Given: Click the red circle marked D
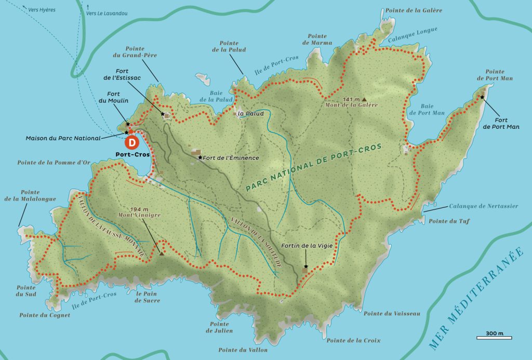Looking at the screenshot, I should [132, 141].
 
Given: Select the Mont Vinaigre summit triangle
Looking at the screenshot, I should [162, 253].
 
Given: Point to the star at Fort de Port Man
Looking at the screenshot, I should [482, 97].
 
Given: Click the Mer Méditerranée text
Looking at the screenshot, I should [478, 298].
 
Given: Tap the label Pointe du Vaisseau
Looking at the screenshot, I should [384, 313].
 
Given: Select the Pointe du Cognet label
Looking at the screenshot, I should [45, 315].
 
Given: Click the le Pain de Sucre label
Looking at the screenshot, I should [148, 297].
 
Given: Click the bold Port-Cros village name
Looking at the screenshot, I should [132, 155].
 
